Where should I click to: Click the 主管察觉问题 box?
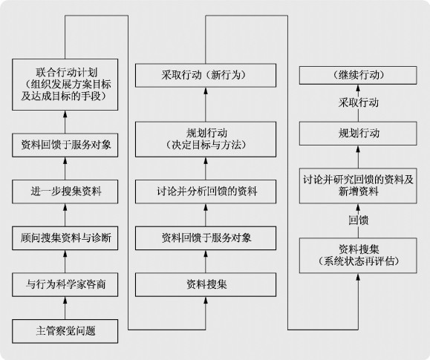click(65, 331)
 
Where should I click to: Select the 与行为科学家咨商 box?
click(65, 284)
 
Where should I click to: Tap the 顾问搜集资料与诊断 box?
click(65, 238)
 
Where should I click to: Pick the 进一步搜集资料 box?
click(65, 192)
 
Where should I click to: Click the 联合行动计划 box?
click(65, 85)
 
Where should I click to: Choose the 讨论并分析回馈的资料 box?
click(206, 192)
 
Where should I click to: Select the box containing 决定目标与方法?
click(206, 140)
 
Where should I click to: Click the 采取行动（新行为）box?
click(206, 76)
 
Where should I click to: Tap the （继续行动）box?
click(358, 75)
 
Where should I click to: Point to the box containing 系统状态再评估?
click(358, 255)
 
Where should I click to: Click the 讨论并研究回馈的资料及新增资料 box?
click(358, 186)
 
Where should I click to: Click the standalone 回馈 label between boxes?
click(358, 220)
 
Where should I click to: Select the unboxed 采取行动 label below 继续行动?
click(358, 103)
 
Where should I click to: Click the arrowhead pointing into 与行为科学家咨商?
click(65, 300)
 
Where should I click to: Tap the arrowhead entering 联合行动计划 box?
click(65, 114)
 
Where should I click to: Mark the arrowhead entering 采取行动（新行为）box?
click(206, 91)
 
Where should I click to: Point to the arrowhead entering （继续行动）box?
click(358, 88)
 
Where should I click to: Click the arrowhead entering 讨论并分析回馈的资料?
click(206, 207)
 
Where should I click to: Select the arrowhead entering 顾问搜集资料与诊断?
click(65, 253)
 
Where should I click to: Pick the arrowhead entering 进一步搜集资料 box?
click(65, 207)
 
